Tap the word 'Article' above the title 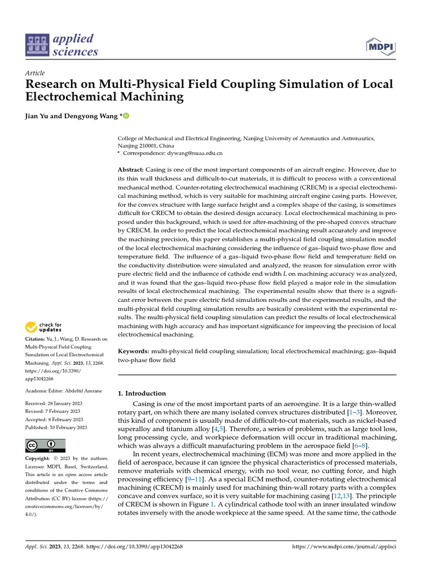tap(35, 73)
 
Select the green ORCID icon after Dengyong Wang tap(126, 116)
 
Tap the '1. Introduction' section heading tap(142, 393)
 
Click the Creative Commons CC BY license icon tap(46, 445)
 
